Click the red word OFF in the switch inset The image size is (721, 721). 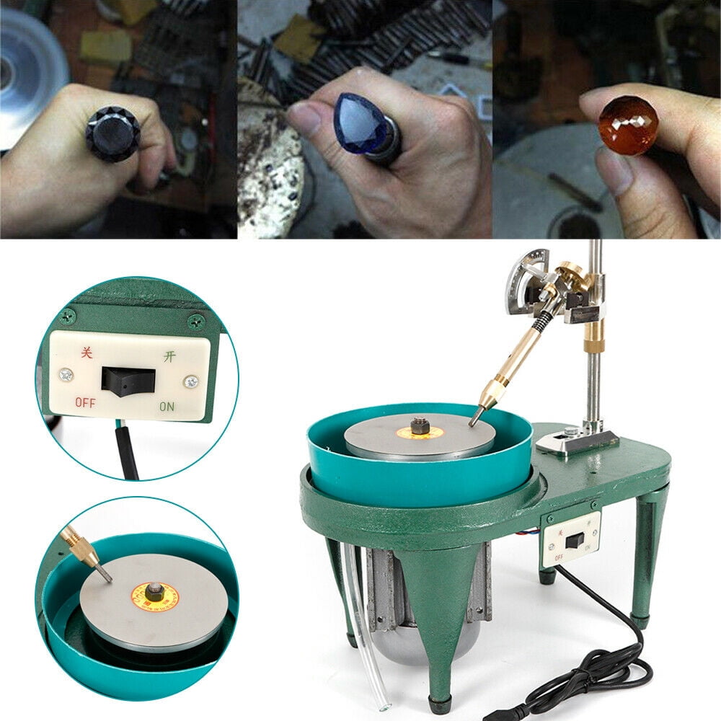(x=85, y=402)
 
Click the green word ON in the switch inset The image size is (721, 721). (x=167, y=406)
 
